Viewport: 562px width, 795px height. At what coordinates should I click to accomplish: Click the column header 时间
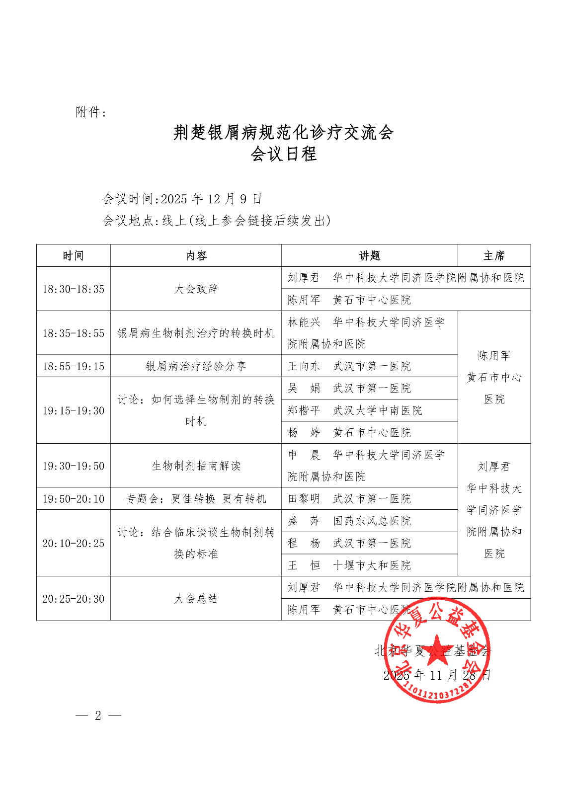(x=73, y=256)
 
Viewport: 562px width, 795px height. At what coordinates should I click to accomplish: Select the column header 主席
(x=494, y=256)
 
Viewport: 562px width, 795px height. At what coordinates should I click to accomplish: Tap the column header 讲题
(x=369, y=256)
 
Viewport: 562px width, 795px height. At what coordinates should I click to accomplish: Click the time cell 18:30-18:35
(x=73, y=289)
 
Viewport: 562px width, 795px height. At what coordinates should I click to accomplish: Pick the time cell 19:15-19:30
(x=73, y=410)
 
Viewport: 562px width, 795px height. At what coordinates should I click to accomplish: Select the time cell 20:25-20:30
(x=73, y=599)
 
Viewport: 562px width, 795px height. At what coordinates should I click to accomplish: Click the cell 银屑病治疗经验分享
(x=196, y=366)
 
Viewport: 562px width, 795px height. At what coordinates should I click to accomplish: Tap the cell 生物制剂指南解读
(x=196, y=466)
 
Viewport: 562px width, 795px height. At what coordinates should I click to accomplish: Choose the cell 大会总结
(x=196, y=599)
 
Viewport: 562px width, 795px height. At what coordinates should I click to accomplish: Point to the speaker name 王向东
(x=304, y=366)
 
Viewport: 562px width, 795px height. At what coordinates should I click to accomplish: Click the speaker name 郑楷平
(x=304, y=410)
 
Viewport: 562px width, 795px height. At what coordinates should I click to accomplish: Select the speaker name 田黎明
(x=304, y=499)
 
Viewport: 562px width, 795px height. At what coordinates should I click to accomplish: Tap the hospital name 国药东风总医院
(x=372, y=521)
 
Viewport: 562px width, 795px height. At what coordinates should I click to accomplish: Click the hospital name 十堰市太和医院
(x=372, y=565)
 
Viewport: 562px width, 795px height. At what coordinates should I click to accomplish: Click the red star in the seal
(x=437, y=649)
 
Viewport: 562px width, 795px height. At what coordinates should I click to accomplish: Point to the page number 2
(x=98, y=715)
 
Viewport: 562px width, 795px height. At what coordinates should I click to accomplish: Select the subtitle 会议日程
(x=283, y=154)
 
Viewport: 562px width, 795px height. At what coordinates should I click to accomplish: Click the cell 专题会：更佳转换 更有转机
(x=196, y=499)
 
